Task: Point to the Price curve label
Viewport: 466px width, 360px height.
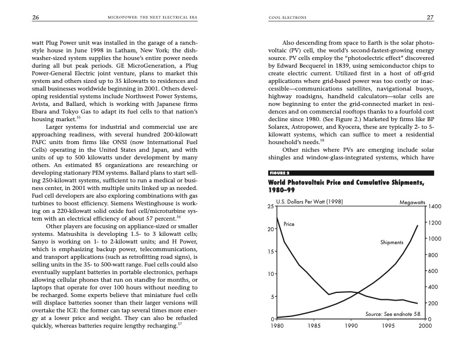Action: (289, 224)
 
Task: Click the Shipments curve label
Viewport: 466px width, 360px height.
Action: (392, 242)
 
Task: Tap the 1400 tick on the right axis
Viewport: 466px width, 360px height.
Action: (434, 207)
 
